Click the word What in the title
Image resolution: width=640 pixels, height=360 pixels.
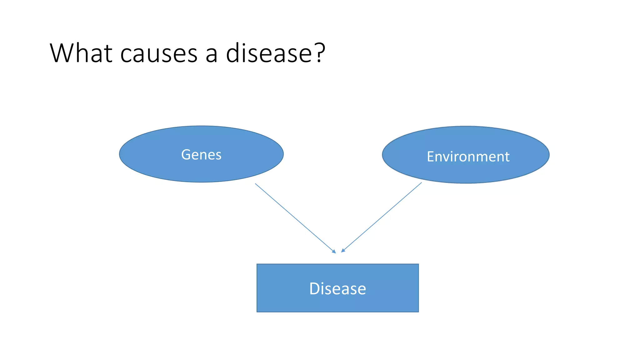click(x=81, y=53)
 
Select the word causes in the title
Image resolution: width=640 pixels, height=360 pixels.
click(x=159, y=54)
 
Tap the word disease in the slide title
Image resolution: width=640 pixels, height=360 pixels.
click(x=269, y=53)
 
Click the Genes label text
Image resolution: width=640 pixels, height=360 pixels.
click(x=201, y=155)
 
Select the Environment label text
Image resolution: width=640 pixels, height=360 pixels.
click(x=468, y=157)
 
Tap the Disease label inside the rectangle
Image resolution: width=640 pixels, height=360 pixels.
click(x=337, y=288)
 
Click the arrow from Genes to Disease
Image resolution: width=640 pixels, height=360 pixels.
click(x=295, y=218)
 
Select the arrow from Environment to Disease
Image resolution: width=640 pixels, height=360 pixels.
click(x=382, y=217)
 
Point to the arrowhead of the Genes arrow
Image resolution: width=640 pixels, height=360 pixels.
click(x=334, y=252)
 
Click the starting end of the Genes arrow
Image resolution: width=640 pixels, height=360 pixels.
click(x=256, y=184)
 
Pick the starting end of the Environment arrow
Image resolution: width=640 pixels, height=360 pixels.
click(x=421, y=183)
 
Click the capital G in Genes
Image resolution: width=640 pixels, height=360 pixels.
click(x=186, y=154)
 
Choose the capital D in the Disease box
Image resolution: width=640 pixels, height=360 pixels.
click(x=315, y=288)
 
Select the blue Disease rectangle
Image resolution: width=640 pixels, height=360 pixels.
click(x=337, y=303)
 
